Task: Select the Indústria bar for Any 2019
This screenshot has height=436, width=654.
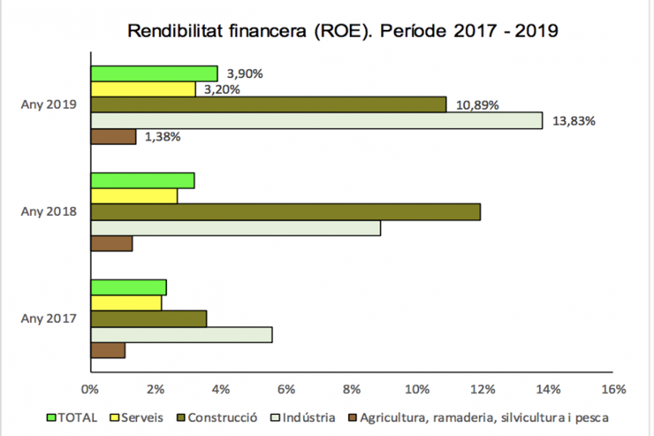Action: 316,120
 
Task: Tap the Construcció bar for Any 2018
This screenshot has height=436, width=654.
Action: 285,212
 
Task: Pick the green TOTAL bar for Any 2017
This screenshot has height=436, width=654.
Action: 128,287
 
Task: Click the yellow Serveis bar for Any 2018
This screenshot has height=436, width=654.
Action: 133,196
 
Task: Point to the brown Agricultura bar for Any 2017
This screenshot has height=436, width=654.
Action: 108,350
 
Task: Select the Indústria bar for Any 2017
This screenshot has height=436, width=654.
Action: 181,334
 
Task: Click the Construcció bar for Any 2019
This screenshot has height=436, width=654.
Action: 269,105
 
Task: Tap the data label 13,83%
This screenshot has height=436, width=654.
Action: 574,120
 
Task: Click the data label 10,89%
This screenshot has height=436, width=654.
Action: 477,105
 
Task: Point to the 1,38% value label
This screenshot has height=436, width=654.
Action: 163,137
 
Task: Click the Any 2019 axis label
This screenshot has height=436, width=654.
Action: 48,105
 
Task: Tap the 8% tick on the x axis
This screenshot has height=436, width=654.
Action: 351,389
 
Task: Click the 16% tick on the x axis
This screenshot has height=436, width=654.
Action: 612,389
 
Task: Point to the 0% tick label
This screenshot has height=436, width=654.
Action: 90,389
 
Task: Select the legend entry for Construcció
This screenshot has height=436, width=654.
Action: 222,416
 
